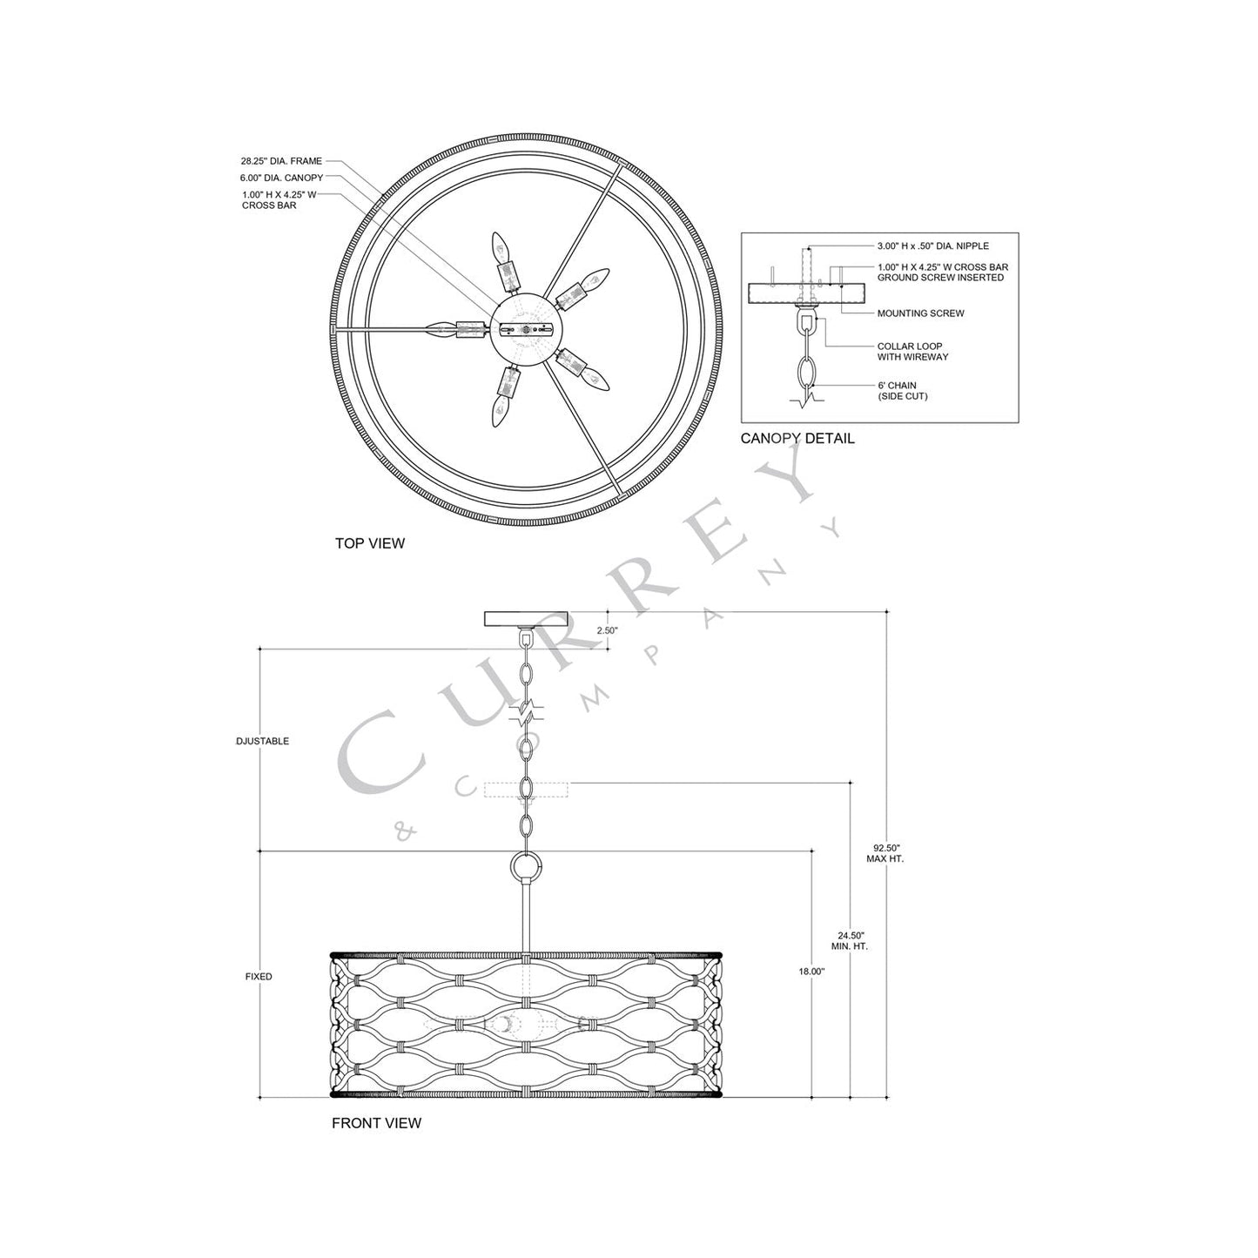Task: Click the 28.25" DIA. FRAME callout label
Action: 281,161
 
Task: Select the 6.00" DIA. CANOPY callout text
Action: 282,178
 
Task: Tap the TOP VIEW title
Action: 370,543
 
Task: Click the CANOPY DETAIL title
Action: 797,439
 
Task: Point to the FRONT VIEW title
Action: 376,1123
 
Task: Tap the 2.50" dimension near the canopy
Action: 607,630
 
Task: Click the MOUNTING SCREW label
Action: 920,313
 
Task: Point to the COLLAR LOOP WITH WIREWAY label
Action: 912,352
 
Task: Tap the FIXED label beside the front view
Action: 259,977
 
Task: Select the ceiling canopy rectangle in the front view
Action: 525,619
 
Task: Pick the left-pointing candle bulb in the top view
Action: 442,329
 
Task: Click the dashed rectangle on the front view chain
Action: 526,790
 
